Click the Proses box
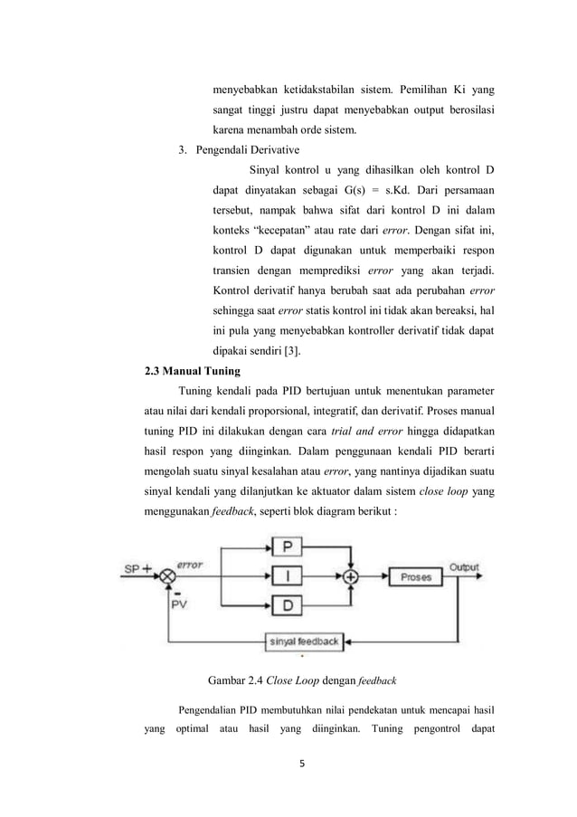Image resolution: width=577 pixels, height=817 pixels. point(418,575)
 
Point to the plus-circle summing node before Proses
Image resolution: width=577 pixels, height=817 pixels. point(352,575)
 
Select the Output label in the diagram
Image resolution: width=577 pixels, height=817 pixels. point(465,567)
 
